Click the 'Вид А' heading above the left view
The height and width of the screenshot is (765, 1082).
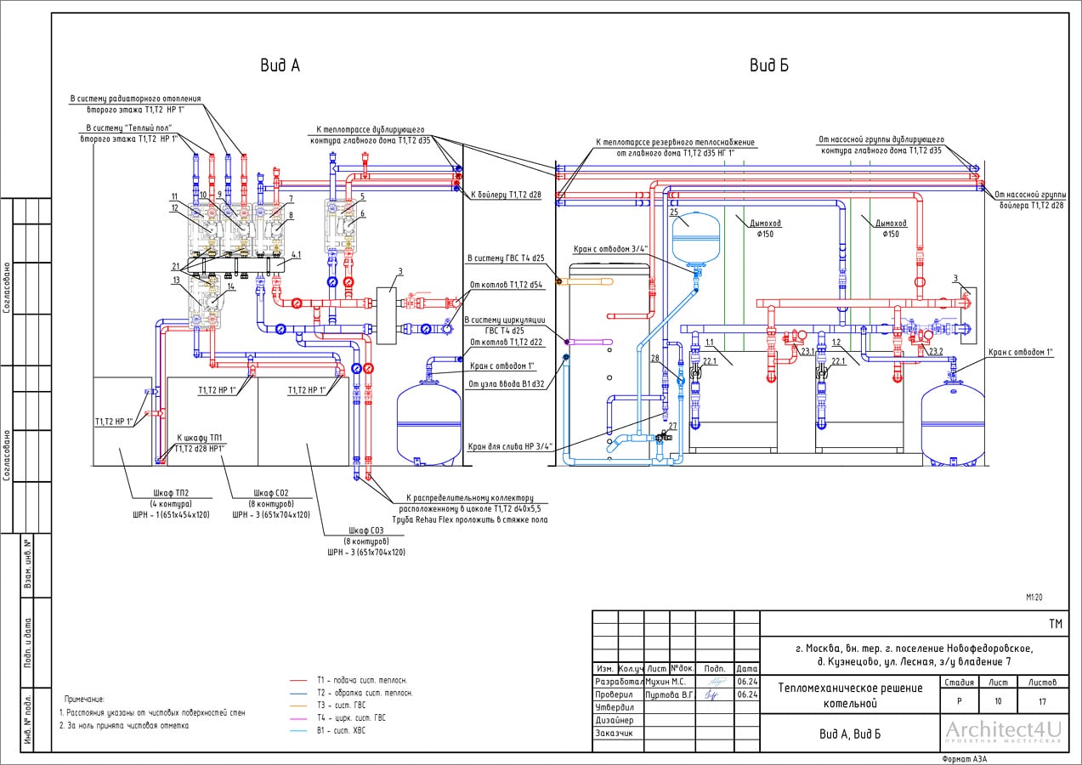tap(281, 65)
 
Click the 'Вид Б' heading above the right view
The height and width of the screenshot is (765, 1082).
tap(768, 65)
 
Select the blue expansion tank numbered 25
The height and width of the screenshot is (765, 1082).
tap(695, 236)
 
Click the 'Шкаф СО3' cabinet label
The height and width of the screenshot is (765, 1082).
tap(365, 530)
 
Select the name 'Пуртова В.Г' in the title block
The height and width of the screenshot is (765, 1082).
tap(670, 694)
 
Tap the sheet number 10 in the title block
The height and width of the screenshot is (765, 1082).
tap(997, 701)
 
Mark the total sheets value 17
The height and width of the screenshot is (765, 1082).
tap(1041, 701)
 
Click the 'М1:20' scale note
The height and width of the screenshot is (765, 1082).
tap(1034, 598)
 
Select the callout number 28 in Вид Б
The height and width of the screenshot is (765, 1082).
tap(654, 359)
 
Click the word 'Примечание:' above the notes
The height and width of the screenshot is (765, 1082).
tap(84, 698)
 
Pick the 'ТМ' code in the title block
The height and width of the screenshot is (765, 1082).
tap(1055, 624)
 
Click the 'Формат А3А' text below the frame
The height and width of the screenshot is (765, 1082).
tap(964, 758)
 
